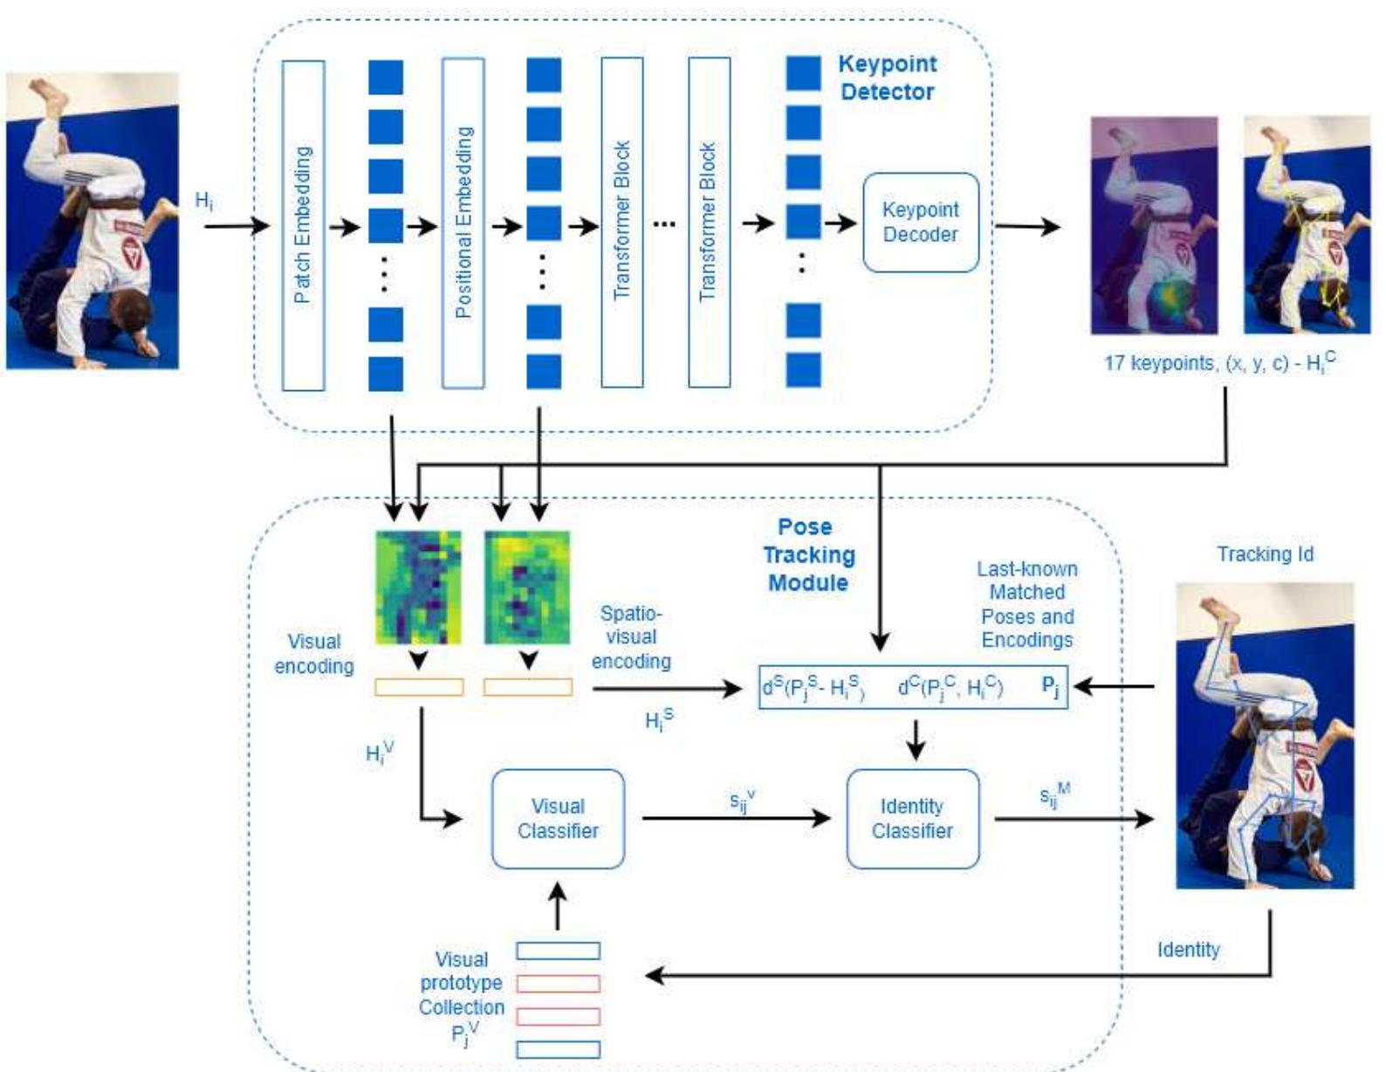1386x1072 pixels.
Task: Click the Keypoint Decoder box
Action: (x=920, y=223)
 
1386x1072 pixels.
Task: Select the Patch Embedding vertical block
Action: (x=303, y=225)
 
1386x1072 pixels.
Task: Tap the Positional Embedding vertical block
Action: (x=463, y=223)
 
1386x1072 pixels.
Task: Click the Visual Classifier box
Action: (x=558, y=819)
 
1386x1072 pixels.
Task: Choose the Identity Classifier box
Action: (x=912, y=819)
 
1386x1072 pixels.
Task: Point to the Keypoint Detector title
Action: (x=887, y=78)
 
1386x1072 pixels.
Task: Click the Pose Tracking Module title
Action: (x=807, y=554)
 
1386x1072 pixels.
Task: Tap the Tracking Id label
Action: (x=1265, y=554)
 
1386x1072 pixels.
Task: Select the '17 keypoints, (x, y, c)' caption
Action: (x=1218, y=362)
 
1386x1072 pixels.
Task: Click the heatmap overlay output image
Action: (x=1154, y=225)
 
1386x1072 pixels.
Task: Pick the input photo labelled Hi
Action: (x=93, y=221)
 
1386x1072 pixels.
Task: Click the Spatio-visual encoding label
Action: (x=631, y=637)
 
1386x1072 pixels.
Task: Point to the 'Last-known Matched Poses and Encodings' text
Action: (x=1026, y=604)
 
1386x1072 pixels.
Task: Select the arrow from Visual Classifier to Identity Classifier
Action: (x=735, y=819)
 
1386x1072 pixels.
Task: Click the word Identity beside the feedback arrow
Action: (x=1188, y=950)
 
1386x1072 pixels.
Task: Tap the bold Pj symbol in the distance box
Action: (x=1051, y=686)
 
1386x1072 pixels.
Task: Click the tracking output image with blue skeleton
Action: (x=1265, y=736)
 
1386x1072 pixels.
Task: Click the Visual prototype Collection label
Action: (x=462, y=995)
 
